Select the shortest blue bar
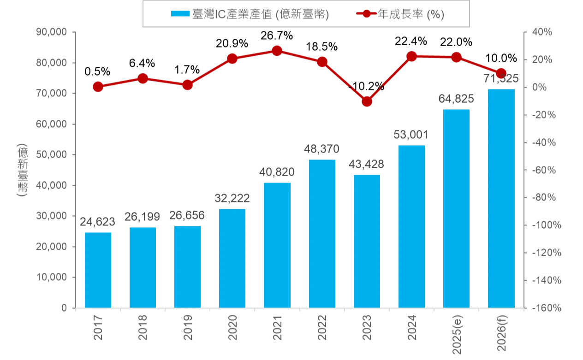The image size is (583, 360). (99, 269)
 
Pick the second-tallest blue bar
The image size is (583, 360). (457, 207)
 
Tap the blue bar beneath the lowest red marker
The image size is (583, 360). (366, 240)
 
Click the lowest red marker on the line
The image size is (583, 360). (367, 101)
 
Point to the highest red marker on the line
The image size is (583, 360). (277, 51)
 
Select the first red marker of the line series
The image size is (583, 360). (98, 87)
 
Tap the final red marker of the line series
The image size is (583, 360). (501, 73)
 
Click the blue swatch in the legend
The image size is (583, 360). (180, 14)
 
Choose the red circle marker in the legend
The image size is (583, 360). (366, 14)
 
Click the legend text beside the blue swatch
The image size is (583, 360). (261, 15)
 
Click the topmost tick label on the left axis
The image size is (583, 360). (52, 32)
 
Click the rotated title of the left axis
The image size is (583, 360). (21, 170)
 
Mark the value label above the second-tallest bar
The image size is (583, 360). (457, 98)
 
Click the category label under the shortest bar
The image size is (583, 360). (98, 328)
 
